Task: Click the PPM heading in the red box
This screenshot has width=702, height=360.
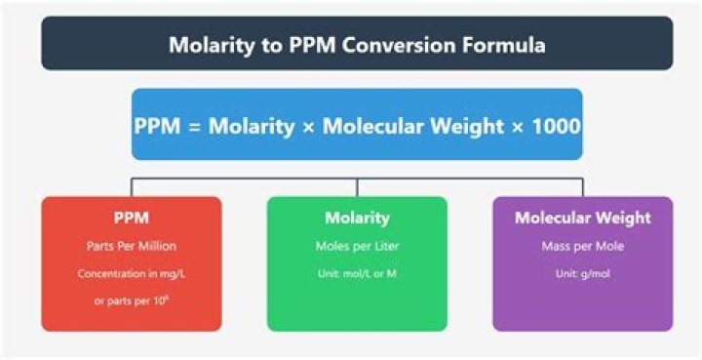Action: coord(132,218)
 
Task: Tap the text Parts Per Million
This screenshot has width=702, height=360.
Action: coord(132,247)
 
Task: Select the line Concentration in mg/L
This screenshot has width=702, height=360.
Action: coord(132,274)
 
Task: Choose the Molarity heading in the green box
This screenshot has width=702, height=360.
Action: coord(357,218)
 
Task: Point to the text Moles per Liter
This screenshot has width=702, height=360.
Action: coord(357,247)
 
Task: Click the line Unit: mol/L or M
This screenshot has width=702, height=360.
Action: coord(357,274)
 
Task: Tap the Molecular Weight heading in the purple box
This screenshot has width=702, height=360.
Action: coord(582,218)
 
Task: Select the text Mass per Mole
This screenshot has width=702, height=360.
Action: coord(582,247)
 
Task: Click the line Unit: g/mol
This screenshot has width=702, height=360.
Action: coord(582,274)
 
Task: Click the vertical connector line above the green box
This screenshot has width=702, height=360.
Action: coord(357,187)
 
